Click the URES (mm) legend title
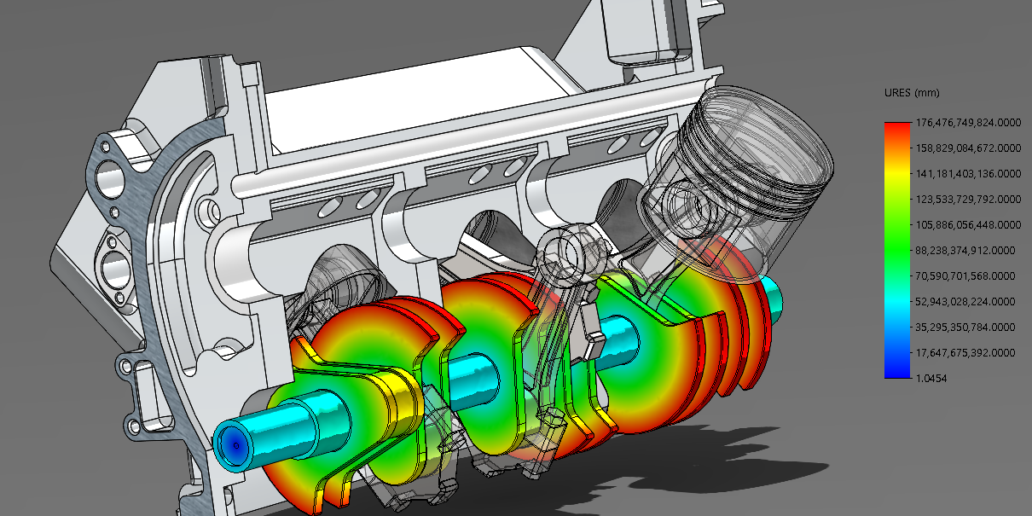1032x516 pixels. click(x=912, y=93)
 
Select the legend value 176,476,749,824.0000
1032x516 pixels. click(x=968, y=123)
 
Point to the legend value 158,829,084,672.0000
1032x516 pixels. click(x=968, y=148)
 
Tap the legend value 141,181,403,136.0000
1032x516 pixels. click(x=968, y=174)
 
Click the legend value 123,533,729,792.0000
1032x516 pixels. click(x=968, y=200)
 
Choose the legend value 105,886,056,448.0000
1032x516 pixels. click(x=968, y=225)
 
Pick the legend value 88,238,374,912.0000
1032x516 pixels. click(x=965, y=251)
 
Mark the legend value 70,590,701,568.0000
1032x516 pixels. click(x=965, y=276)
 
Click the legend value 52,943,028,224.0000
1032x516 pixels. click(x=965, y=302)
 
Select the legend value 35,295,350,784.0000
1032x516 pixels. click(x=965, y=328)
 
